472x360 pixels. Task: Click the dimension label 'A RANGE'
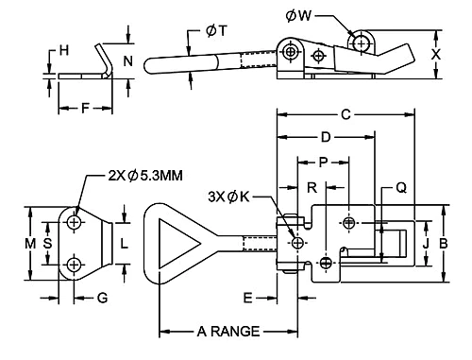pos(228,332)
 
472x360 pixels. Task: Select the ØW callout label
pos(298,16)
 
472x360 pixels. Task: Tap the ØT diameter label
pos(216,31)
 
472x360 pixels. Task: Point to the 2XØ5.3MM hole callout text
pos(145,176)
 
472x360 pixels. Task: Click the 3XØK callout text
pos(228,197)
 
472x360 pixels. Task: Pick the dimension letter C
pos(346,114)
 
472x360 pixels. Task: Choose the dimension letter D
pos(326,137)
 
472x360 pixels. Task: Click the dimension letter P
pos(323,163)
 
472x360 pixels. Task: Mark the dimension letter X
pos(436,55)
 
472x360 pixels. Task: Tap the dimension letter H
pos(64,50)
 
